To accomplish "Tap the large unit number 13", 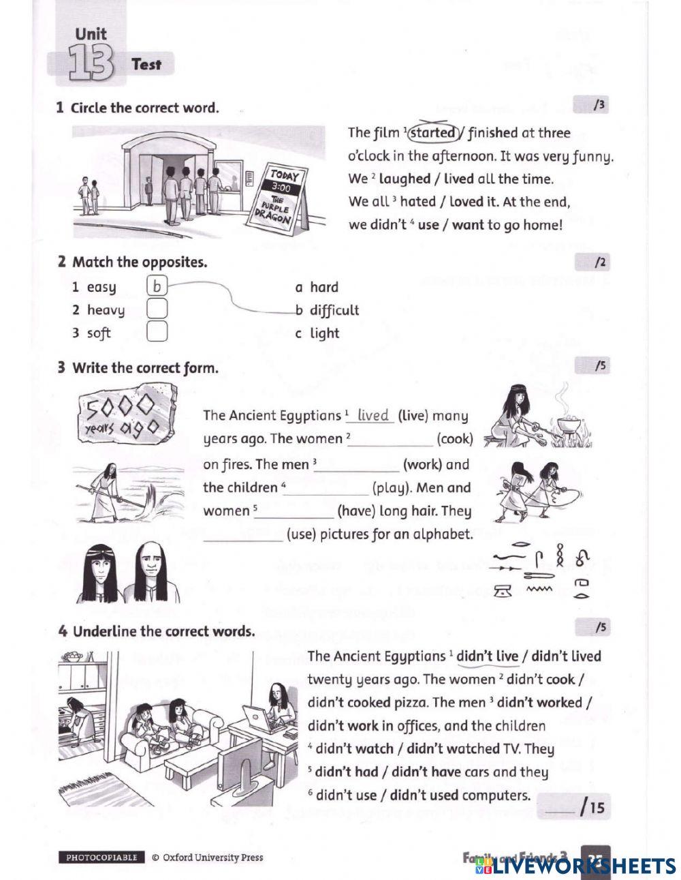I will [x=90, y=65].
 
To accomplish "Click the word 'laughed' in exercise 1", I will [x=405, y=179].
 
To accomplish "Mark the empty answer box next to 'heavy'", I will [x=157, y=310].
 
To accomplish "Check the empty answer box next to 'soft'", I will [x=157, y=333].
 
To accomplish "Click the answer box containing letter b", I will [x=157, y=287].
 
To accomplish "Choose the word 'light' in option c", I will [x=324, y=333].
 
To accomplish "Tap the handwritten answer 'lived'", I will [x=373, y=415].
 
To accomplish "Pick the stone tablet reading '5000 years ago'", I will [x=127, y=416].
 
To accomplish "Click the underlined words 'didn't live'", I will [x=487, y=656].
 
